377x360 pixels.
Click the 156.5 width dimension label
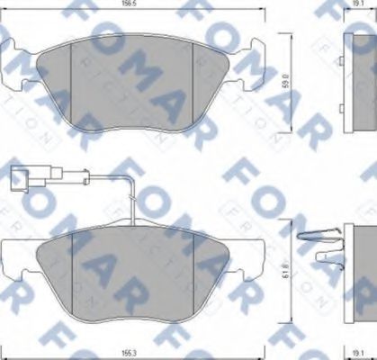click(x=136, y=4)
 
